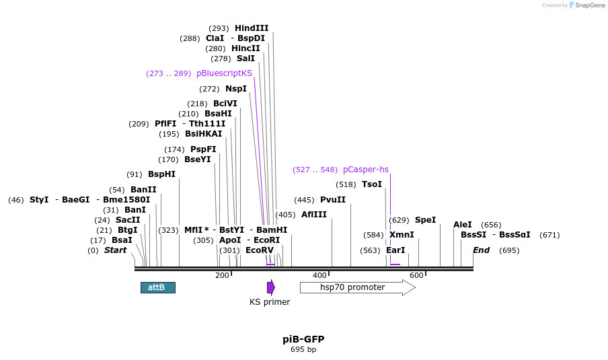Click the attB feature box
pos(157,287)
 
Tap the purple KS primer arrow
pos(270,287)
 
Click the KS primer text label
pos(270,302)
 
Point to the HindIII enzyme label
pos(252,28)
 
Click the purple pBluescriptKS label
pos(224,73)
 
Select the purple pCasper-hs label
pos(365,170)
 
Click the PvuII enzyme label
pos(332,200)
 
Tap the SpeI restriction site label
pos(425,220)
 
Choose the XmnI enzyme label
pos(402,235)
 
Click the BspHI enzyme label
pos(161,174)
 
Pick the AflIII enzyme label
pos(313,215)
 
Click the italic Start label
pos(115,250)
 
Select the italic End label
pos(481,250)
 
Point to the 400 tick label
pos(319,275)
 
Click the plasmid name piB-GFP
pos(303,339)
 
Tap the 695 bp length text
pos(303,350)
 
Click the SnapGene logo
pos(586,5)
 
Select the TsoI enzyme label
pos(371,184)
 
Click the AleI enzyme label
pos(463,225)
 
